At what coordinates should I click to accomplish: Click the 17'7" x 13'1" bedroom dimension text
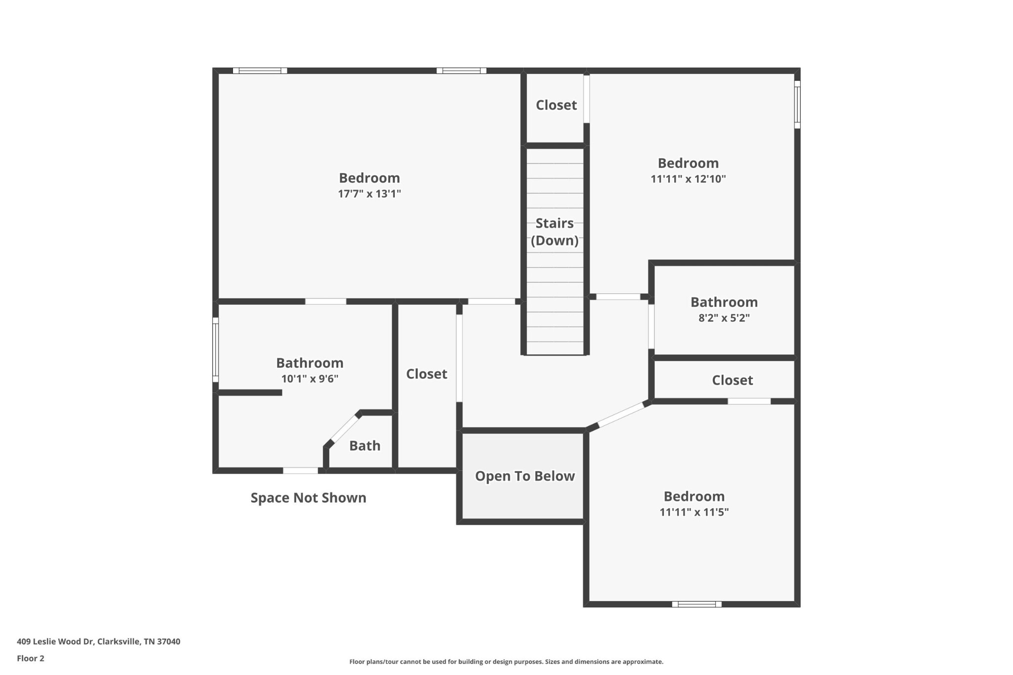tap(369, 194)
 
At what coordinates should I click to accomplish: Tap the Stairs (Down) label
tap(554, 232)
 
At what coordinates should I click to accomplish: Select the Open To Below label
tap(525, 476)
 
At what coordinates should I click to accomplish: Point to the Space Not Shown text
tap(308, 498)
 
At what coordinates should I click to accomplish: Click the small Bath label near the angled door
tap(365, 446)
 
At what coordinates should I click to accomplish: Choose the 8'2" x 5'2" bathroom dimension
tap(724, 318)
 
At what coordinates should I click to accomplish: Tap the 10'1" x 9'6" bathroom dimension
tap(310, 379)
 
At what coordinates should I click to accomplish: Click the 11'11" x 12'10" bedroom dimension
tap(688, 179)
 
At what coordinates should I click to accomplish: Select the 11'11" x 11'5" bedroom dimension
tap(694, 512)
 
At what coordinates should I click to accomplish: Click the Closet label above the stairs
tap(556, 105)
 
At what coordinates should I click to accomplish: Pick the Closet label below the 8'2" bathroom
tap(732, 380)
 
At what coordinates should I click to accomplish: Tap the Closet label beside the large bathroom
tap(426, 374)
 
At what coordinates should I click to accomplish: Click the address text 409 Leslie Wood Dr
tap(55, 641)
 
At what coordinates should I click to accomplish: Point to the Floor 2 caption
tap(31, 658)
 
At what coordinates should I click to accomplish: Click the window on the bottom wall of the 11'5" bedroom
tap(696, 604)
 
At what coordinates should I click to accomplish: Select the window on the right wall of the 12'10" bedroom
tap(797, 105)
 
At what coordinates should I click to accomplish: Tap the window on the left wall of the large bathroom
tap(216, 350)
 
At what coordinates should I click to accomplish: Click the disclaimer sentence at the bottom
tap(506, 662)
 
